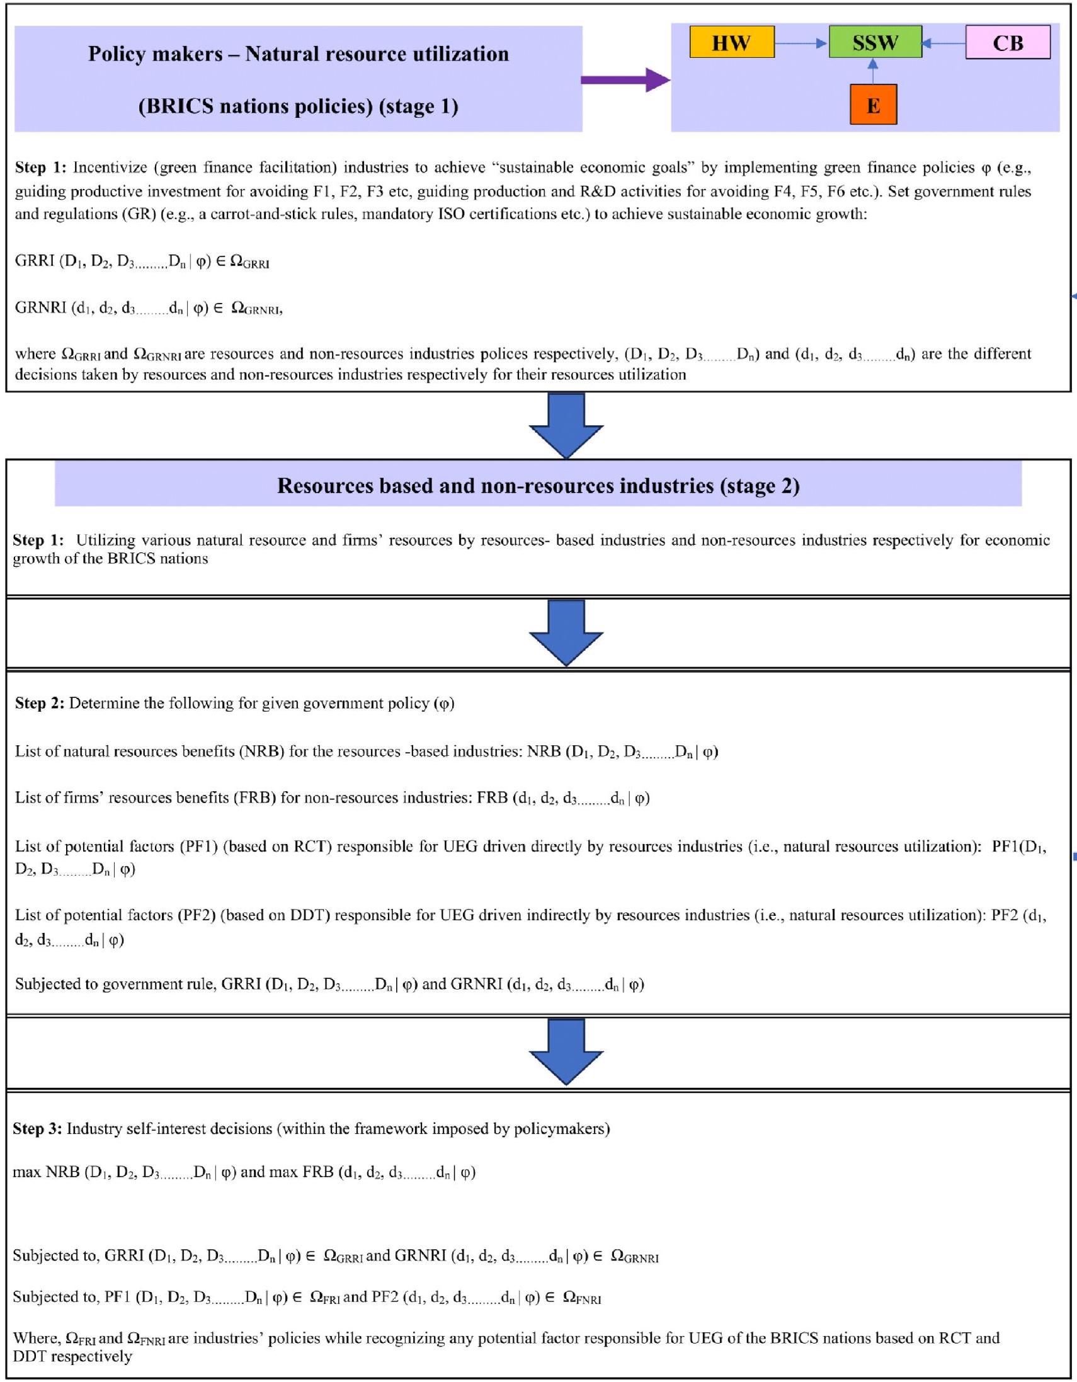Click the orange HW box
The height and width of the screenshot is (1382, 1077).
click(x=731, y=42)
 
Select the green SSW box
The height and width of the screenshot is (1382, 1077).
click(x=875, y=42)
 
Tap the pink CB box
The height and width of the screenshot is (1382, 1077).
click(x=1007, y=42)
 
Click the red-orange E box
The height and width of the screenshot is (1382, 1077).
click(x=873, y=105)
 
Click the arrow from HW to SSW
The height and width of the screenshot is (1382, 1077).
click(x=801, y=43)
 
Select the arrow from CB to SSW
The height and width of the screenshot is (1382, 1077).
click(x=943, y=43)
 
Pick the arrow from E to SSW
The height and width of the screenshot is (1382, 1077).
click(x=873, y=71)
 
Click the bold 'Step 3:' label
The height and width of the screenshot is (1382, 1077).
click(x=37, y=1128)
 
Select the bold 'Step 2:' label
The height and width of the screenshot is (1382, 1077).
click(x=39, y=703)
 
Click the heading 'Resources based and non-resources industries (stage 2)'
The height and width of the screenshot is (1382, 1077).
click(x=538, y=486)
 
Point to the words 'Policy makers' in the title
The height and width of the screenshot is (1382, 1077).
click(x=155, y=54)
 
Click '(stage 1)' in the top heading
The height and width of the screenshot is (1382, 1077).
click(x=418, y=106)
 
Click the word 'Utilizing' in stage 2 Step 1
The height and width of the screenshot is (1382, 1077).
click(x=106, y=540)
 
